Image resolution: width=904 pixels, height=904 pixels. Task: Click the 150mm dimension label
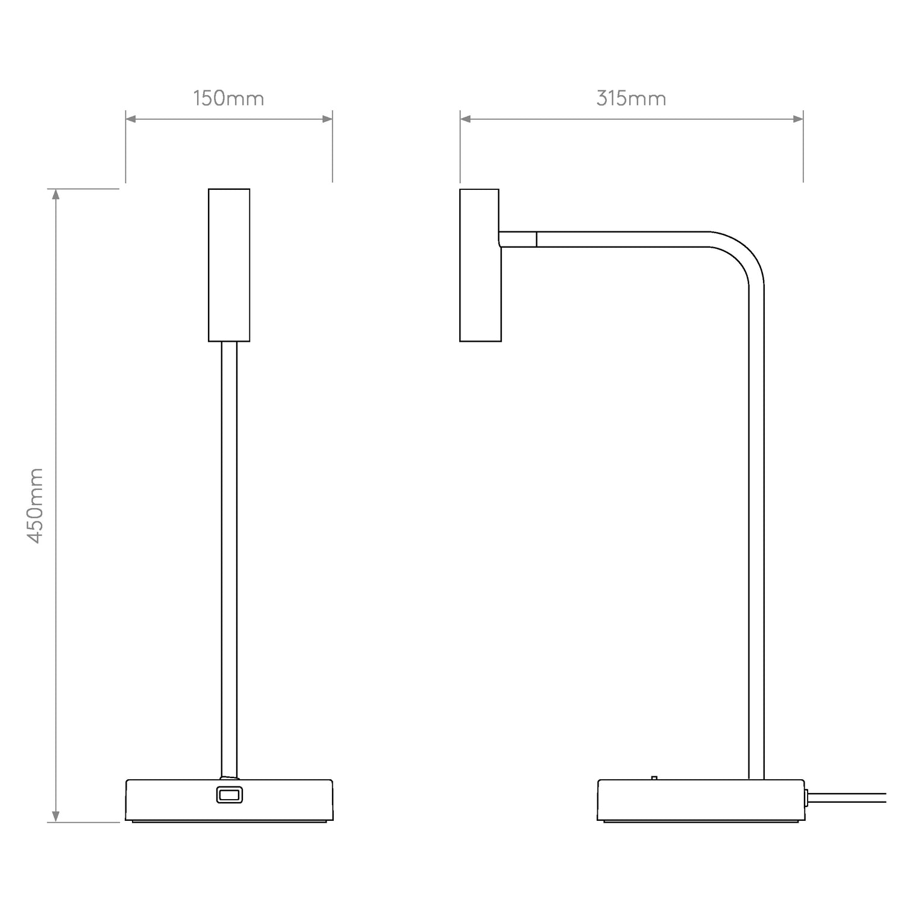[228, 98]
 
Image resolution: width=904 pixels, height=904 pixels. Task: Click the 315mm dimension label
[631, 98]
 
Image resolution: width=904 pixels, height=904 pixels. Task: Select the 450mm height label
[36, 505]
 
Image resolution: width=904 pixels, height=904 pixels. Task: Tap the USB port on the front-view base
[229, 796]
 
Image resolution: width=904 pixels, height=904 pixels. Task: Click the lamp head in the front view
[229, 265]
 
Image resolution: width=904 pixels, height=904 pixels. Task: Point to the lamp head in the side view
[480, 265]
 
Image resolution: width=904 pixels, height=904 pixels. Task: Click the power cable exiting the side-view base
[847, 797]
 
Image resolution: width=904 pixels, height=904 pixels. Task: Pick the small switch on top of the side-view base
[654, 777]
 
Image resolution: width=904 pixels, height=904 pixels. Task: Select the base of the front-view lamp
[229, 800]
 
